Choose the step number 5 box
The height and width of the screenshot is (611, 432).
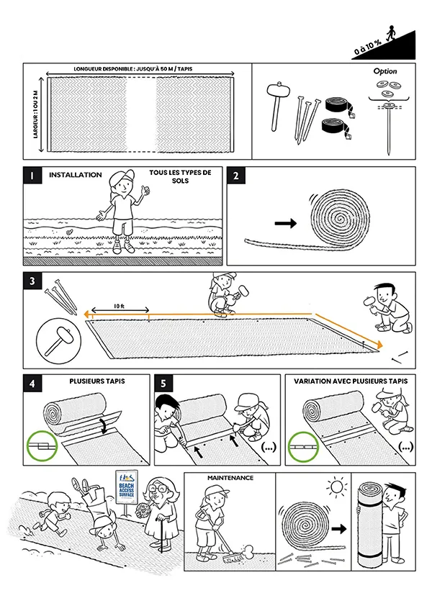pos(165,384)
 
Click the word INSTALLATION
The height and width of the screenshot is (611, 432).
pos(75,175)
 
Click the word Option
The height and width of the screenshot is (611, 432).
pos(385,72)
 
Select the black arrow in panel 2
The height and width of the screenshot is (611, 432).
pos(285,224)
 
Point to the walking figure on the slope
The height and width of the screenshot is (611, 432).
pos(390,34)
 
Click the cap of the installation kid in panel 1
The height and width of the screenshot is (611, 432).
pos(123,175)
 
